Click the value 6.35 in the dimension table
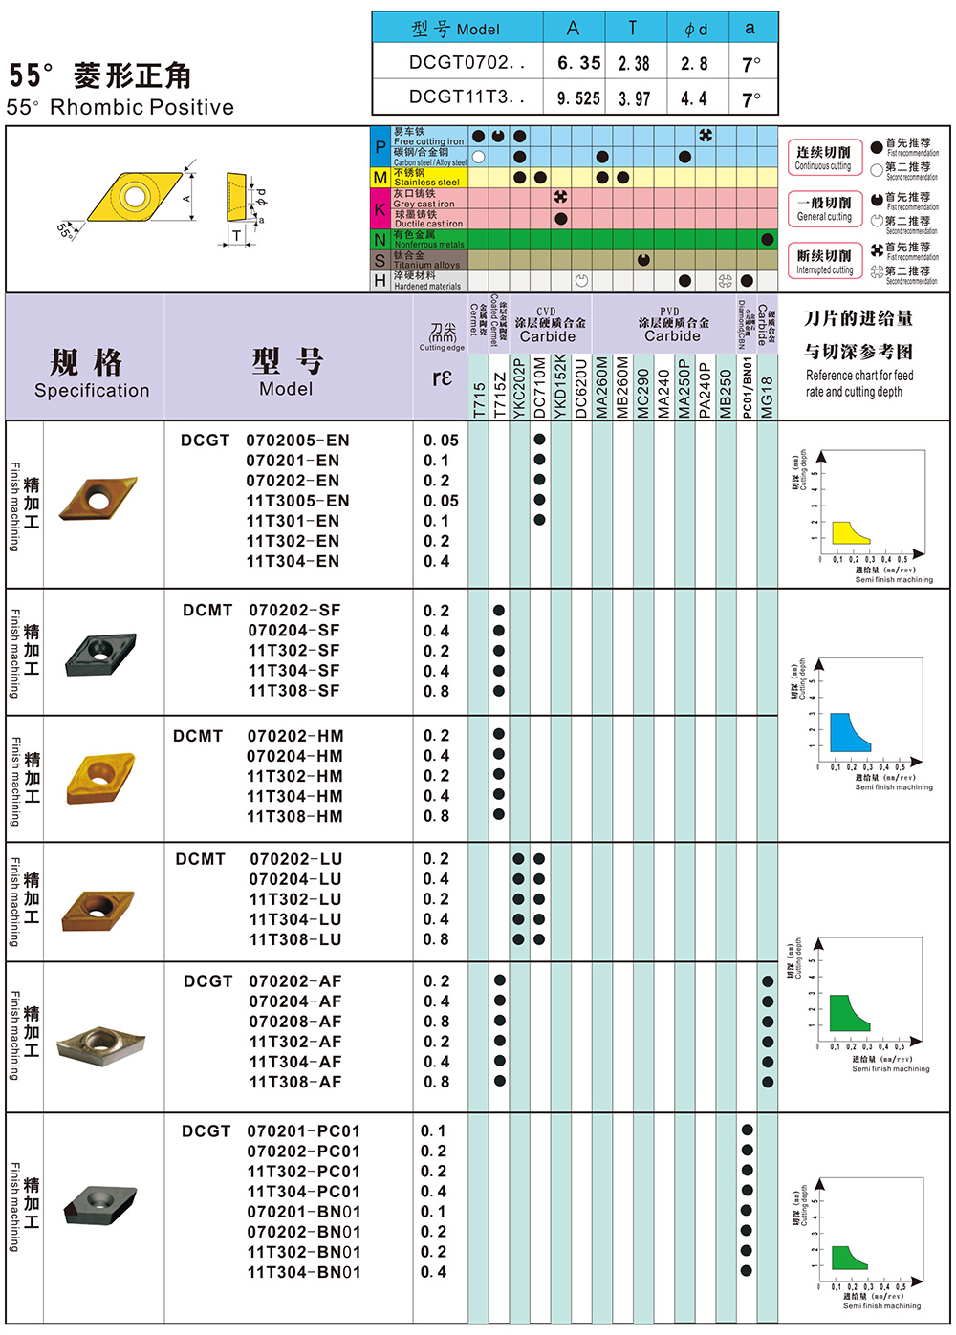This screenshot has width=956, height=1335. (x=578, y=63)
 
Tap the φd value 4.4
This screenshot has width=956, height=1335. (x=693, y=97)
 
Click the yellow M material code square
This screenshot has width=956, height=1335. (x=380, y=178)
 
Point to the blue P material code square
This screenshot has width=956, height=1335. (x=380, y=146)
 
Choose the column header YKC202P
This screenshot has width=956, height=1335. (x=519, y=387)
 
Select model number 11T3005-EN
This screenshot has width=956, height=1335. (x=297, y=501)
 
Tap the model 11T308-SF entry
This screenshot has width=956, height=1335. (x=293, y=691)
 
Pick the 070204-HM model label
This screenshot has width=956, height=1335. (x=294, y=756)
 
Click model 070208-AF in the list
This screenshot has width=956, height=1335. (x=294, y=1022)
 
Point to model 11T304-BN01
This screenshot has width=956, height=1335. (x=304, y=1272)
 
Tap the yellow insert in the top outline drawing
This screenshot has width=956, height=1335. (x=134, y=198)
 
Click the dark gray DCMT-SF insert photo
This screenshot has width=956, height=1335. (x=100, y=653)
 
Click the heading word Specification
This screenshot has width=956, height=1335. (x=92, y=390)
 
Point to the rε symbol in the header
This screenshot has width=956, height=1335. (x=442, y=377)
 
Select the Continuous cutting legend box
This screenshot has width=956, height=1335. (x=823, y=158)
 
